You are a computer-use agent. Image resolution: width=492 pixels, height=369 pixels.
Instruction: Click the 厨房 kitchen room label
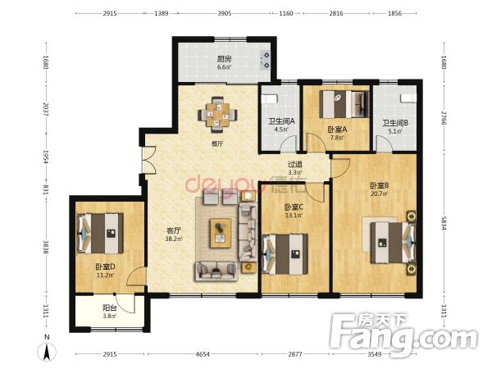click(x=224, y=59)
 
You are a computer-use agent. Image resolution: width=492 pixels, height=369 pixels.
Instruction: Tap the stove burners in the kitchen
click(x=266, y=60)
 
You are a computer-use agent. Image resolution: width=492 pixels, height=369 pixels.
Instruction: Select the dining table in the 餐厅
click(x=217, y=115)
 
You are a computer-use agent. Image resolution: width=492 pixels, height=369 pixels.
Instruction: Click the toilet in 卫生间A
click(x=270, y=98)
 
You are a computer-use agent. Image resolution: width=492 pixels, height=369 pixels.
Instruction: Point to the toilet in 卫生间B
click(x=408, y=98)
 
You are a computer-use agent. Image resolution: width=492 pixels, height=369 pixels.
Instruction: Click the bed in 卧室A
click(x=344, y=104)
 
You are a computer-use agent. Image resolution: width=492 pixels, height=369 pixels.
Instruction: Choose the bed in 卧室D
click(x=100, y=233)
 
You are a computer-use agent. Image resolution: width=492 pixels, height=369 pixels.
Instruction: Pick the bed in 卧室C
click(x=285, y=254)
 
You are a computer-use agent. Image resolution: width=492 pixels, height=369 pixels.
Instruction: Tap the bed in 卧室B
click(x=393, y=243)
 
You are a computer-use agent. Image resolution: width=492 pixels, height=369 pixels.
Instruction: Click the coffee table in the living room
click(x=221, y=233)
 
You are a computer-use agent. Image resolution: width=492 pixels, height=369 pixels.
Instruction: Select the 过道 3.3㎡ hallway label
click(x=295, y=168)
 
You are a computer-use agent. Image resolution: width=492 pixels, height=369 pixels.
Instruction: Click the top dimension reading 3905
click(x=225, y=13)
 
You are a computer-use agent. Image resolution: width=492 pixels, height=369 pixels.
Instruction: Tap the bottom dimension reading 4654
click(x=203, y=354)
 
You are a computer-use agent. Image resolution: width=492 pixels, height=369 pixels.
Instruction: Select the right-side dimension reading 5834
click(x=444, y=223)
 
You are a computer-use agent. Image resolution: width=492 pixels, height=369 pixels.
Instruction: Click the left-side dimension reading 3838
click(x=46, y=248)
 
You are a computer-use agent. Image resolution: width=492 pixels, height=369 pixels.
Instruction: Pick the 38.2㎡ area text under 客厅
click(x=174, y=239)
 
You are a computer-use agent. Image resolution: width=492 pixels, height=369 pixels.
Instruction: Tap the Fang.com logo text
click(x=404, y=335)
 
